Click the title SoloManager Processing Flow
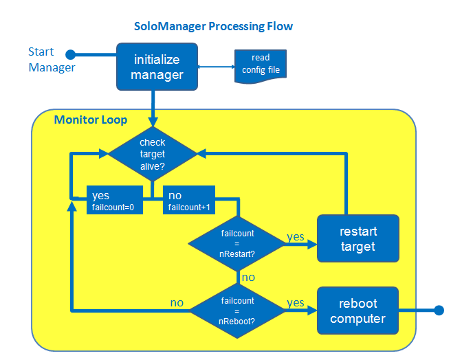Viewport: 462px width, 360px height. pos(213,27)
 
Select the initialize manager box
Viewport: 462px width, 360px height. pos(157,67)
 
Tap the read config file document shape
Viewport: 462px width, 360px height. pos(261,65)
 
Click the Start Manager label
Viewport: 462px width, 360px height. pos(51,60)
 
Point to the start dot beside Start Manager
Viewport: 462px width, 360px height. pos(69,54)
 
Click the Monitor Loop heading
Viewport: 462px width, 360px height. pos(90,120)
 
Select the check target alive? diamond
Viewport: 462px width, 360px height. pos(152,154)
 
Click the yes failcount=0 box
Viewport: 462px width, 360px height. pos(114,200)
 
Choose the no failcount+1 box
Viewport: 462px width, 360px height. pos(188,200)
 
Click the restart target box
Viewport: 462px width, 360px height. pos(357,238)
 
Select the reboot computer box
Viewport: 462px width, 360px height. pos(357,311)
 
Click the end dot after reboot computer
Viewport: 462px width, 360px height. pos(439,311)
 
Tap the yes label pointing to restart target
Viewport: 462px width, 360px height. pos(295,236)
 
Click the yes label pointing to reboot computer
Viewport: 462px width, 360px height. pos(295,302)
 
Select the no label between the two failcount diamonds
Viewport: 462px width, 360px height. pos(248,278)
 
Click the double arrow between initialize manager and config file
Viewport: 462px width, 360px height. pos(216,67)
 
